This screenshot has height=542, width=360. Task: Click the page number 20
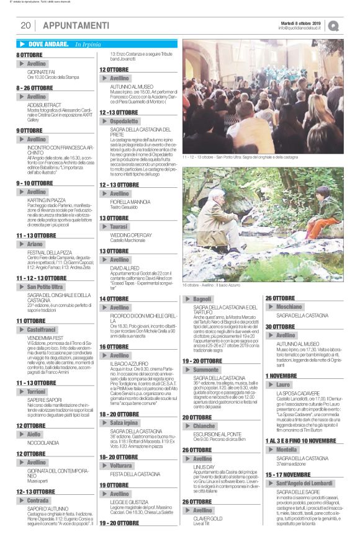coord(26,25)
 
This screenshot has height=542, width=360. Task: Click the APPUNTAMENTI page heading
coord(76,25)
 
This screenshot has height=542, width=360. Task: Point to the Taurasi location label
coord(120,228)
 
